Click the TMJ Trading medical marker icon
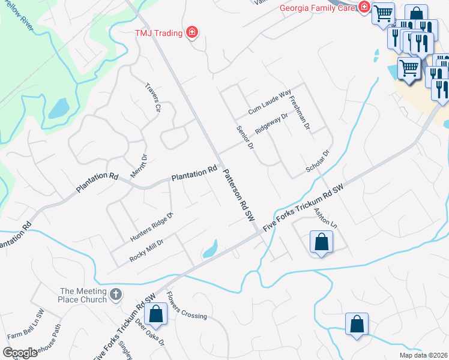[x=192, y=32]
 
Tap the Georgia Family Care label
[x=318, y=8]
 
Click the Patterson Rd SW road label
[x=238, y=196]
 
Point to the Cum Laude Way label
[x=270, y=104]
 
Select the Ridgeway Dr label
[x=271, y=124]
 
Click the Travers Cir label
[x=154, y=97]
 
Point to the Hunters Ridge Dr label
[x=151, y=228]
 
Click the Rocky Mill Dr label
[x=146, y=250]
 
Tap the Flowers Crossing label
[x=186, y=306]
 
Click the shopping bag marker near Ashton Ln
[x=321, y=242]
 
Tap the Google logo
[x=20, y=352]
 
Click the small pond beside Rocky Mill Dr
[x=210, y=248]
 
